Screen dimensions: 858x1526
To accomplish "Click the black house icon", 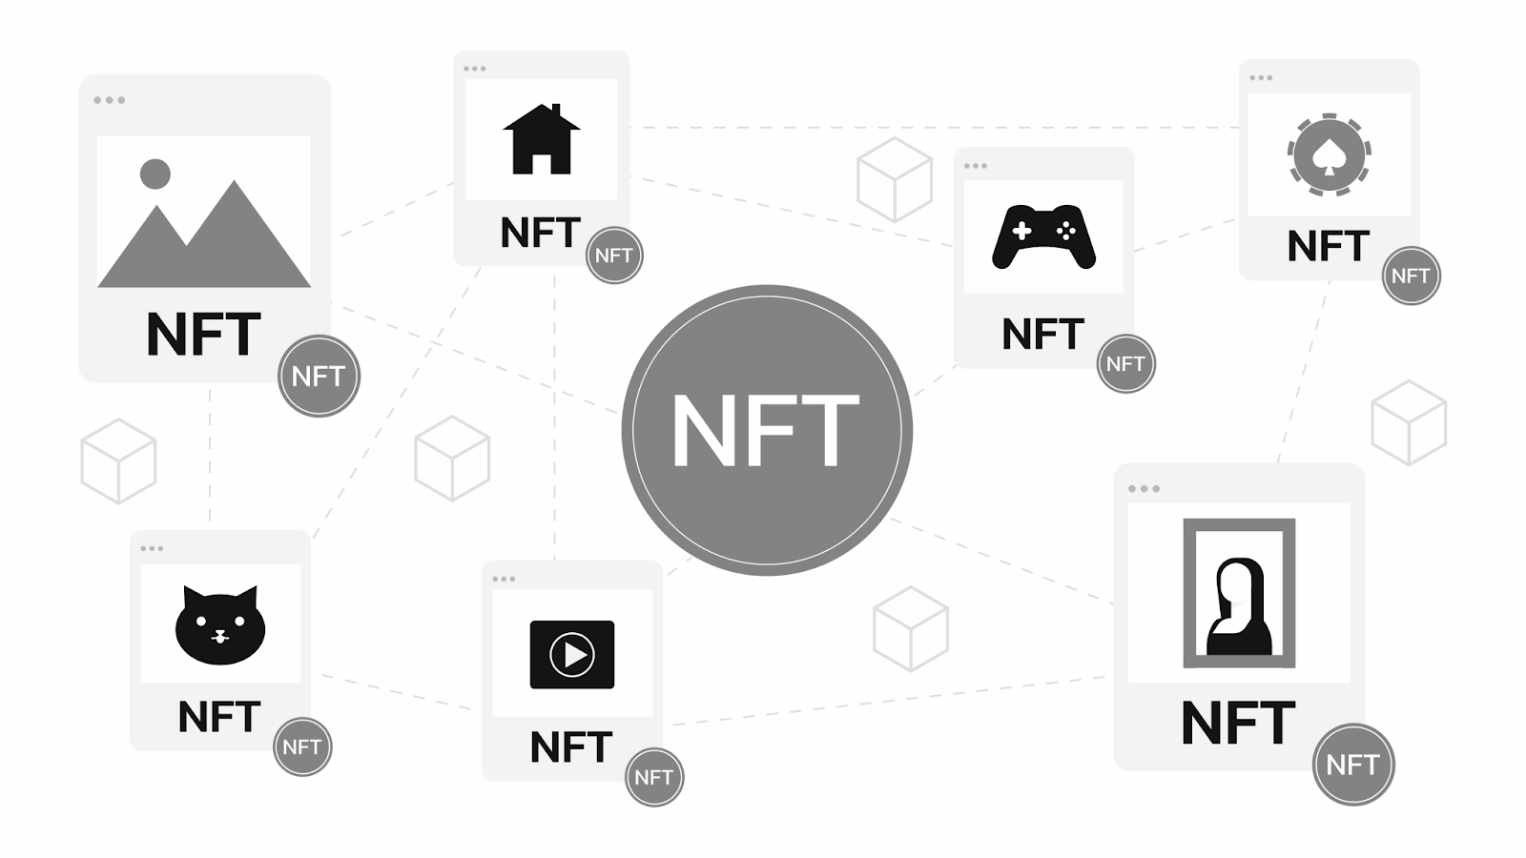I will tap(541, 140).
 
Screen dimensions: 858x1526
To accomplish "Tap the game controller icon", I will tap(1043, 236).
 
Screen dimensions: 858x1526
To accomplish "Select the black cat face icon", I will tap(219, 626).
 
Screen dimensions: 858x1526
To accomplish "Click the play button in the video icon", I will tap(572, 655).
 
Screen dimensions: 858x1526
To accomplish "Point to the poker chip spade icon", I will tap(1329, 155).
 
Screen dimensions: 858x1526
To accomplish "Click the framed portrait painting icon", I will tap(1239, 593).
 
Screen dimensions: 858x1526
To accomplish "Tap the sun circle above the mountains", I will tap(155, 174).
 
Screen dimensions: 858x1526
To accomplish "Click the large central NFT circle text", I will tap(766, 431).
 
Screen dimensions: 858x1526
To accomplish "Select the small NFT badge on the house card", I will tap(614, 255).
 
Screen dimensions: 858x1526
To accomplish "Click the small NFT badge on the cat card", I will tap(302, 746).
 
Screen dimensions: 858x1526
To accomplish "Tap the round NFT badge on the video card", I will tap(654, 777).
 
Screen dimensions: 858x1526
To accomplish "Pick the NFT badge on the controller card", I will tap(1125, 363).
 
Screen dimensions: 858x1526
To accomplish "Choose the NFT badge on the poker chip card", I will tap(1411, 276).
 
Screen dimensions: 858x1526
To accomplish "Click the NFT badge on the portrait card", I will tap(1352, 764).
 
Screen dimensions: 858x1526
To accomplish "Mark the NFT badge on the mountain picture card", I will tap(319, 376).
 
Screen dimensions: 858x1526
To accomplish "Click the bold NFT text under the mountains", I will tap(203, 335).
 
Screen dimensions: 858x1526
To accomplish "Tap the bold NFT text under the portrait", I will tap(1238, 724).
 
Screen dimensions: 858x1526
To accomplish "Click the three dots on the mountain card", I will tap(110, 100).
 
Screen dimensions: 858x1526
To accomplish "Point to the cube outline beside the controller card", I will tap(894, 179).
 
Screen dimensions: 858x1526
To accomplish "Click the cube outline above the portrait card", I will tap(1409, 422).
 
